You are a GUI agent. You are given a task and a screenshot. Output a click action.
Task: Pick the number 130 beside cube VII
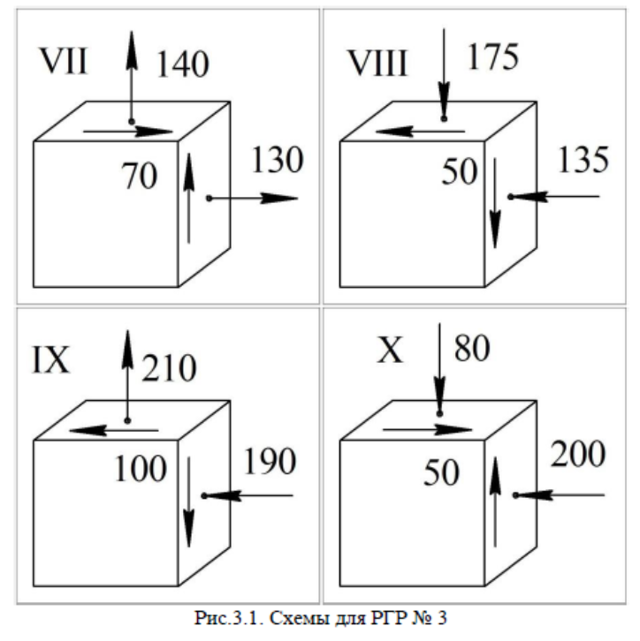tap(276, 161)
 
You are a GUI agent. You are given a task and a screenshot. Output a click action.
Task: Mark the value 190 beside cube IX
tap(269, 459)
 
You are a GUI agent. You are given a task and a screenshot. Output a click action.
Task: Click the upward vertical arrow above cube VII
tap(131, 75)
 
